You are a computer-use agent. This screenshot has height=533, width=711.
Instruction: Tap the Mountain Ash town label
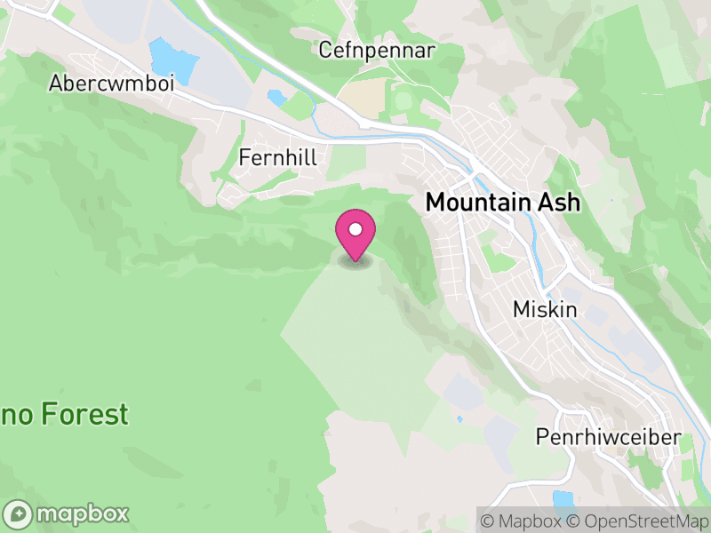[x=503, y=203]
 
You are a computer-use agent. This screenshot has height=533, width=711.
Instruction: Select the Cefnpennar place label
[x=377, y=51]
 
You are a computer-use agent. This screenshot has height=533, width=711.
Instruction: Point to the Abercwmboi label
[x=111, y=83]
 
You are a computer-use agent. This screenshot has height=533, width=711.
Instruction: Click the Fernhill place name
[x=278, y=157]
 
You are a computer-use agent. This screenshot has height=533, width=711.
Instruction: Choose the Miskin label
[x=545, y=310]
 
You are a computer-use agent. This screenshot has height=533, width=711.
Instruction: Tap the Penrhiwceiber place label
[x=608, y=437]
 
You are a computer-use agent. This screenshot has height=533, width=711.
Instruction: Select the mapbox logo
[x=68, y=513]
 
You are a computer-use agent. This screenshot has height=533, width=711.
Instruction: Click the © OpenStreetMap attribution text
[x=637, y=521]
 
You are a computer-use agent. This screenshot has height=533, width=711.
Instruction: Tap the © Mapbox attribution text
[x=523, y=521]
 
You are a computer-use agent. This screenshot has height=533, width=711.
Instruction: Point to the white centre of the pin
[x=355, y=230]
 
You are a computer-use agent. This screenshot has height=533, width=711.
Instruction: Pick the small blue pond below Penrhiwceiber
[x=563, y=499]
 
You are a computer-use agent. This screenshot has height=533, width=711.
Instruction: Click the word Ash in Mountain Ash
[x=558, y=203]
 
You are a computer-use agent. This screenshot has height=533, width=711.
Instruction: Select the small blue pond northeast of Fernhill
[x=276, y=97]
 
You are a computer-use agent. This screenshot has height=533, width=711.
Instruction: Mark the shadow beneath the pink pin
[x=355, y=261]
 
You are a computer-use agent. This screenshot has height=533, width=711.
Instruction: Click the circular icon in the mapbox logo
[x=18, y=513]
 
